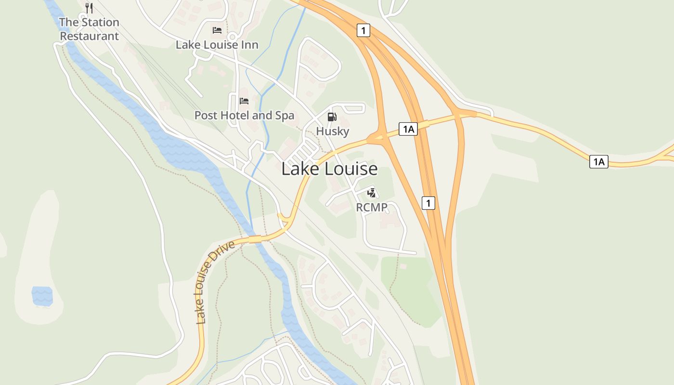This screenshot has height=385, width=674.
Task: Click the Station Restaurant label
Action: pos(89,29)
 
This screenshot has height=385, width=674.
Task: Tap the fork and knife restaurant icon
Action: pos(89,8)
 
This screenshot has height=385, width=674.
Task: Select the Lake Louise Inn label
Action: pos(217,45)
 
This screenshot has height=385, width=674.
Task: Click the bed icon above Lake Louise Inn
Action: pos(217,30)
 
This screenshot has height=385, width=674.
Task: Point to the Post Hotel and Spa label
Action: pos(244,115)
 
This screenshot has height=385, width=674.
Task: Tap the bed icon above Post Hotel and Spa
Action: pos(244,101)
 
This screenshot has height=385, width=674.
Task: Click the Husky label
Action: pos(332,131)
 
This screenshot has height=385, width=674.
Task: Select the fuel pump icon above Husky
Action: pos(332,116)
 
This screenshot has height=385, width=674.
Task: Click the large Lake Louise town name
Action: pos(329,169)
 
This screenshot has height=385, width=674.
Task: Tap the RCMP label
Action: pos(372,207)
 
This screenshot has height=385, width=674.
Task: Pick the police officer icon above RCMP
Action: pos(371,193)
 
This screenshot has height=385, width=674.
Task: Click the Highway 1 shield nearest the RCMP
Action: pos(428,203)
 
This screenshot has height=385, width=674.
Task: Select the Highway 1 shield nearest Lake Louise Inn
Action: pos(363,31)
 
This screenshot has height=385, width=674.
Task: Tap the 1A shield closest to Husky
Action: pos(408,129)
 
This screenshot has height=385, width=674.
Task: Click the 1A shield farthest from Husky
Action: pos(598,162)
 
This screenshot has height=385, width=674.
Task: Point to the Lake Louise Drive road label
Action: pos(215,282)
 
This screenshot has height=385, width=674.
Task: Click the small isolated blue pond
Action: pos(42,295)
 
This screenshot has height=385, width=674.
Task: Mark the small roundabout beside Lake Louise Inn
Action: pos(232,37)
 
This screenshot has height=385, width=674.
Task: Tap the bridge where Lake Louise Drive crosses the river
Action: pos(255,239)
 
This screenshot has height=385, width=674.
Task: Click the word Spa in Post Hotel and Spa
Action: pos(284,115)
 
